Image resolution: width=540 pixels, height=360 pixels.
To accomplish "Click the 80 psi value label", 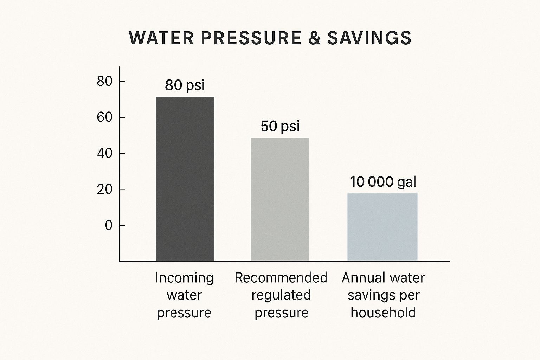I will [185, 85].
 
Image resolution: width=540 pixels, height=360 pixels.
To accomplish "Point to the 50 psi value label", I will [280, 127].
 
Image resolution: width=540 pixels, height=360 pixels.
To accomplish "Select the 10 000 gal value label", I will [383, 182].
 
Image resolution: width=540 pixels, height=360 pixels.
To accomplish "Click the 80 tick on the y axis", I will [104, 82].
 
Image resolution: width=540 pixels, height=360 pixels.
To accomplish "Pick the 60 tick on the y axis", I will [104, 117].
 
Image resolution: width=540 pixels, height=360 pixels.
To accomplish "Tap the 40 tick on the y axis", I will [104, 154].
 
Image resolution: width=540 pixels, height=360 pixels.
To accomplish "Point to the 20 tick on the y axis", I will [104, 189].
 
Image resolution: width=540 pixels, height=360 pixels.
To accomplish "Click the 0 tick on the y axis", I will [108, 226].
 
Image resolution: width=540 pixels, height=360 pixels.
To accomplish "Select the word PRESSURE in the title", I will [251, 38].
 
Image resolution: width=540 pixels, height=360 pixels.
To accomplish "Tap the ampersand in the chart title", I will [314, 38].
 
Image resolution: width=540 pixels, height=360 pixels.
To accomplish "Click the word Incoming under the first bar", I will [184, 278].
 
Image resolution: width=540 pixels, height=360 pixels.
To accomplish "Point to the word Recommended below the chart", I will [281, 278].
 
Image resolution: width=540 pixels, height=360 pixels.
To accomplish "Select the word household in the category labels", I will [383, 313].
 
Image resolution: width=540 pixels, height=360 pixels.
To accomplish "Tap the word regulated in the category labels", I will [281, 295].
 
